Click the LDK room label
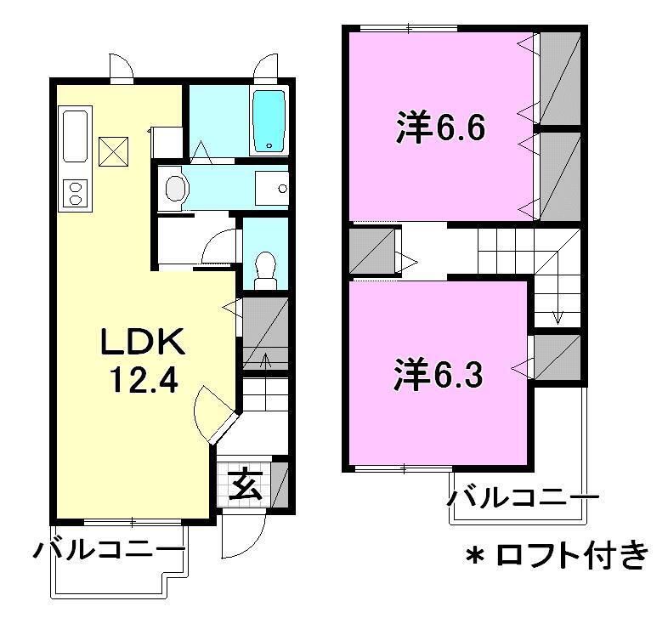point(142,342)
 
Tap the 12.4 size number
point(142,380)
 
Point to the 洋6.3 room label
point(439,374)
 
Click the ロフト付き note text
point(575,557)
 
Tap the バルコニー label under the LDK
point(108,552)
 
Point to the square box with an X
point(112,151)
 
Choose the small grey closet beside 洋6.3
point(558,357)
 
